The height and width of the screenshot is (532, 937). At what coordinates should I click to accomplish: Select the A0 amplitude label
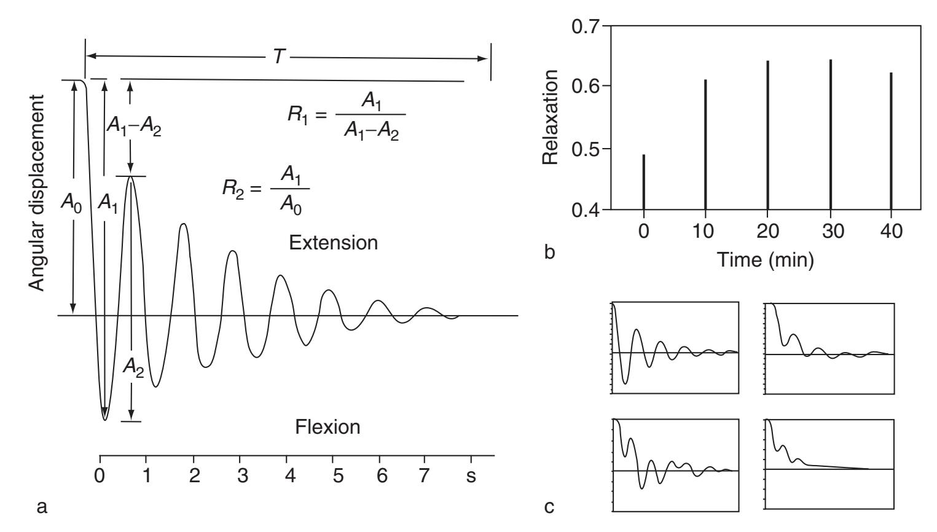[71, 203]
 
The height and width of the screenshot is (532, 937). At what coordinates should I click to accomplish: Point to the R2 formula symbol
[233, 189]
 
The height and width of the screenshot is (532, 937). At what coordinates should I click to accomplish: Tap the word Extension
[334, 243]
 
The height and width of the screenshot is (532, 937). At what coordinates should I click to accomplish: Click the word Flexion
[327, 427]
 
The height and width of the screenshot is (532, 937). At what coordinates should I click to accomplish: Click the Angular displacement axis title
[37, 193]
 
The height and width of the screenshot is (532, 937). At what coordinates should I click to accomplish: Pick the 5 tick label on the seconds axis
[338, 476]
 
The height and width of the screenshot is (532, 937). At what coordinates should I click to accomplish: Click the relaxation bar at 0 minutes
[644, 182]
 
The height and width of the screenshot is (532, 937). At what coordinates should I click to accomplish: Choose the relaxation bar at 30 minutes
[830, 135]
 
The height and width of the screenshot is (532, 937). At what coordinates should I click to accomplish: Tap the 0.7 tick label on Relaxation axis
[585, 27]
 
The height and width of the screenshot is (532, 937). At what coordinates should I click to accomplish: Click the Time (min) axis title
[766, 260]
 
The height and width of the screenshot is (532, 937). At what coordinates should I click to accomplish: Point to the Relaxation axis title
[550, 117]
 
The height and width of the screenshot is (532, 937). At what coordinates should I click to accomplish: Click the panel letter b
[550, 252]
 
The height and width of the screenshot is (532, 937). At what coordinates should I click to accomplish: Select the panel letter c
[549, 507]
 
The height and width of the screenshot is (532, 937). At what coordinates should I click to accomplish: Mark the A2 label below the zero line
[133, 368]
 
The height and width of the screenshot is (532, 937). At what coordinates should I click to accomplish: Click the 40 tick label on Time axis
[891, 231]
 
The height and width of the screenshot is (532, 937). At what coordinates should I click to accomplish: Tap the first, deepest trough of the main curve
[105, 420]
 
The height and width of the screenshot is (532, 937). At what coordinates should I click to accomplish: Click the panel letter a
[42, 507]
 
